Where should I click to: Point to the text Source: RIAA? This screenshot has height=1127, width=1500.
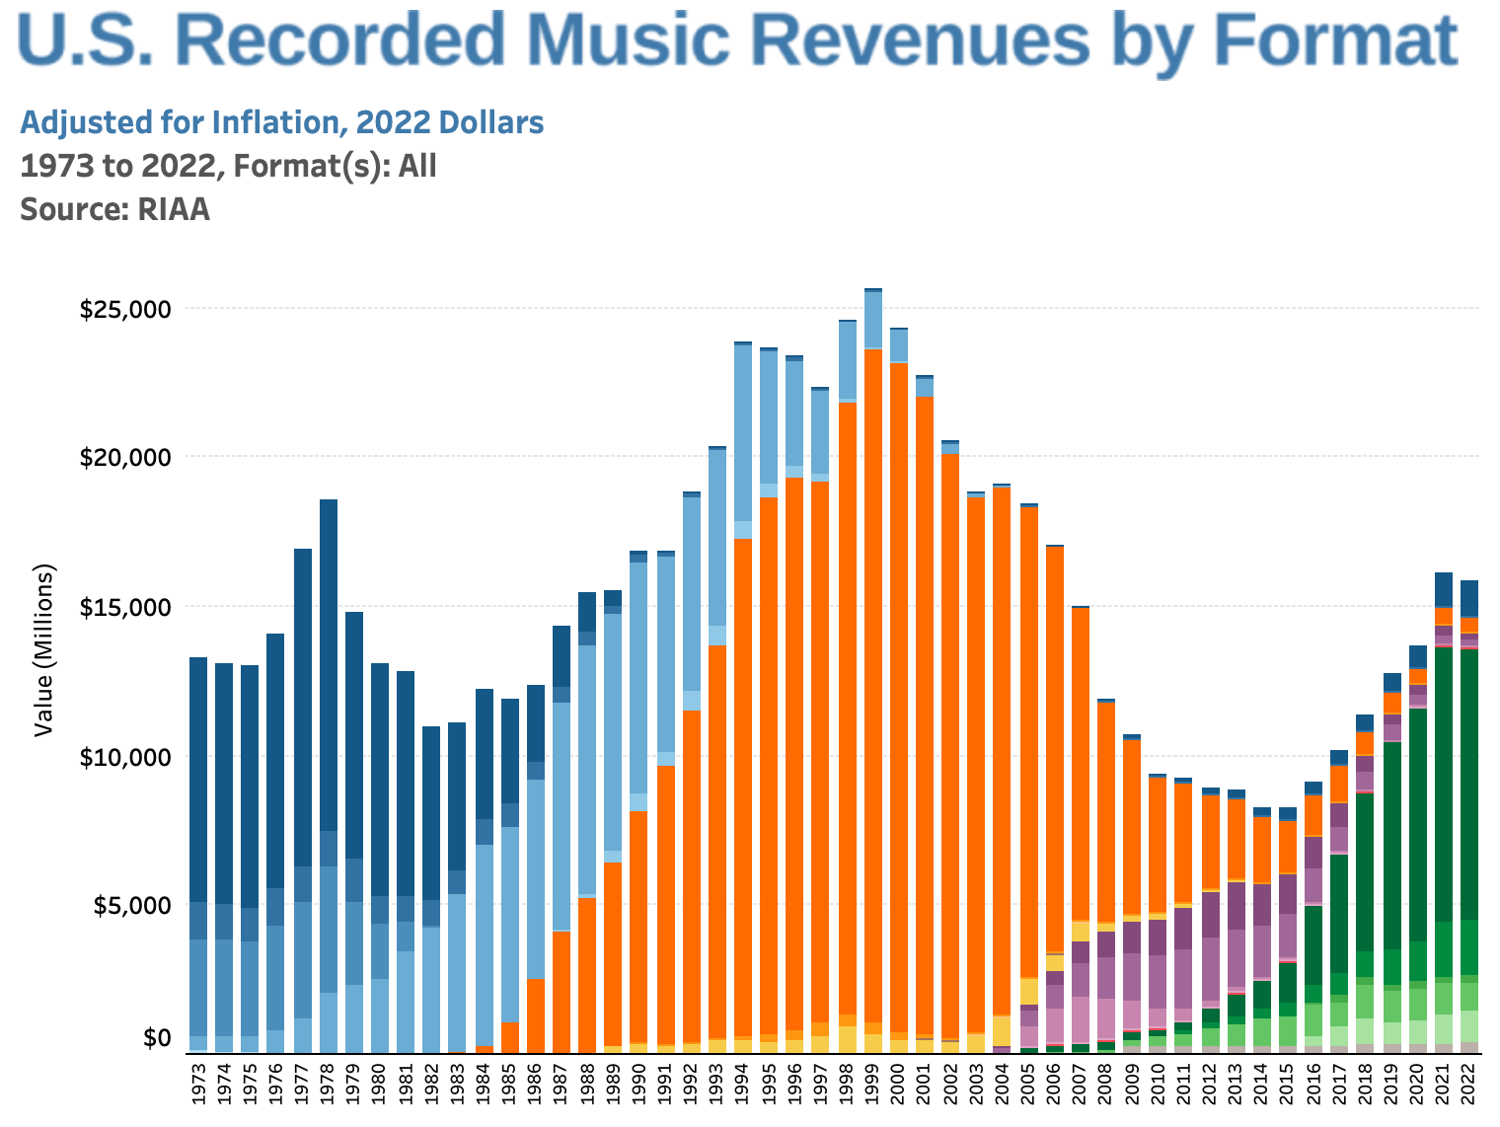(114, 209)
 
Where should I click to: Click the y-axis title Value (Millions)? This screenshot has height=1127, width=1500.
(43, 649)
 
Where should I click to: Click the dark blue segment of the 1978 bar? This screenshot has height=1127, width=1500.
(329, 661)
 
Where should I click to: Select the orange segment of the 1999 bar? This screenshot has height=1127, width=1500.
(872, 681)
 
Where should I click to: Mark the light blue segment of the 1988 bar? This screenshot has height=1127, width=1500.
(587, 770)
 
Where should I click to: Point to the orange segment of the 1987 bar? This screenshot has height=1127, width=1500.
(562, 987)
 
